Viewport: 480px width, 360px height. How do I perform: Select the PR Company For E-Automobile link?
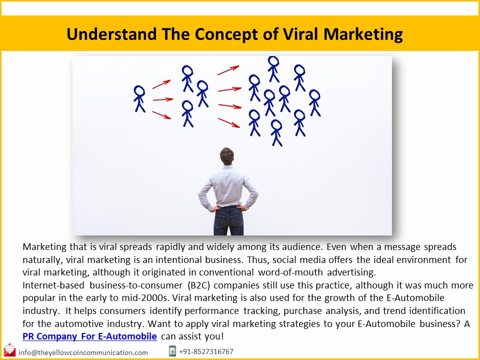click(90, 336)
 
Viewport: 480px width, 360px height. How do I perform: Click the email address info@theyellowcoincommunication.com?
click(83, 352)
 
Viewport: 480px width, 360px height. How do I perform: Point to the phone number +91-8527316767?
click(206, 351)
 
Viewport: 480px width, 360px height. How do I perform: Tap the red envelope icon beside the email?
click(9, 351)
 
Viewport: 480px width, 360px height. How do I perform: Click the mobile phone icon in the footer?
click(172, 351)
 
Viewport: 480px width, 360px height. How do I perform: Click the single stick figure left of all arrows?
click(139, 98)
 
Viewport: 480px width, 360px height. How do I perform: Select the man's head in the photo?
click(227, 156)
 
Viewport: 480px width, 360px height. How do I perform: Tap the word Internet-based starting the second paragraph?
click(53, 285)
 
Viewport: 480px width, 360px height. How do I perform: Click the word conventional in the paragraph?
click(229, 272)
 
